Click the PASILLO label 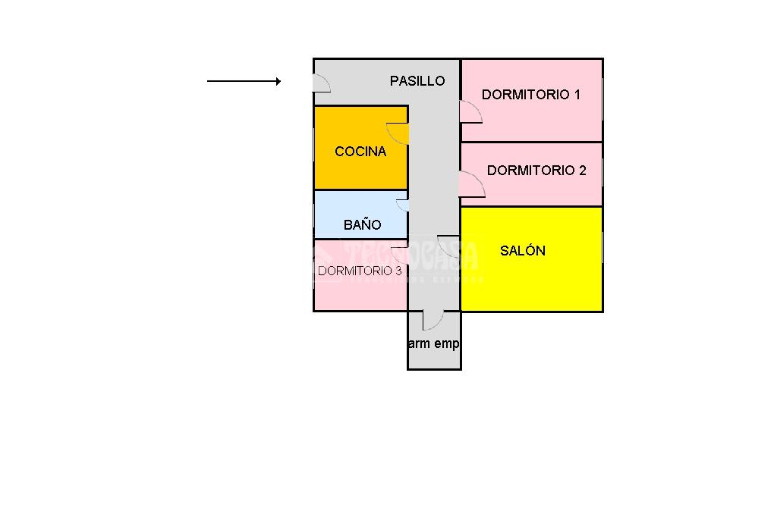click(x=417, y=80)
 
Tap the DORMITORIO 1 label click(x=530, y=95)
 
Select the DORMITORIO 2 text click(x=536, y=171)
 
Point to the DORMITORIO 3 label click(x=360, y=271)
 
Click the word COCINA click(x=360, y=152)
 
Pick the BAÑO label click(x=362, y=225)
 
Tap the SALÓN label click(x=523, y=251)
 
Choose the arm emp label click(x=434, y=343)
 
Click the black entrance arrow click(x=244, y=81)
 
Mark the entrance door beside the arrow click(x=321, y=83)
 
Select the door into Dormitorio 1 click(x=470, y=113)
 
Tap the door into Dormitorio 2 click(x=471, y=185)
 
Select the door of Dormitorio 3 click(x=400, y=254)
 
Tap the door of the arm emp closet click(x=433, y=320)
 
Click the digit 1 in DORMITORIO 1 click(x=577, y=95)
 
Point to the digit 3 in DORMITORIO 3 click(x=398, y=271)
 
